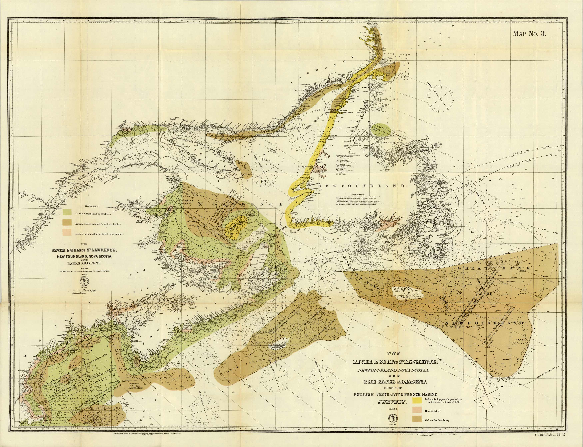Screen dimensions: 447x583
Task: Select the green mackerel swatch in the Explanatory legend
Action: [67, 212]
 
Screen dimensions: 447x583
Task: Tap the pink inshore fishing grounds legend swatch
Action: [67, 232]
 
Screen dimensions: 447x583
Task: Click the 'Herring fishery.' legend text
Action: [433, 411]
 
